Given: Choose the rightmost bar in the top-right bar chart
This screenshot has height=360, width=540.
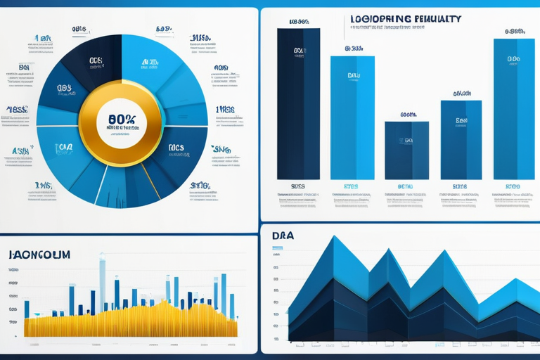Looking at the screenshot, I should tap(514, 108).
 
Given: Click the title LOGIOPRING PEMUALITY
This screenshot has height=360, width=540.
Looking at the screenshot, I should tap(405, 19).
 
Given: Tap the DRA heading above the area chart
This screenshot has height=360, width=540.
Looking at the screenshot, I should tap(283, 236).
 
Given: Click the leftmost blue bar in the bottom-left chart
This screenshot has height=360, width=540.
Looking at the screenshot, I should tap(27, 309).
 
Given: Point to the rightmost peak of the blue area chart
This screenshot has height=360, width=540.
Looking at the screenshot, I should tap(517, 281).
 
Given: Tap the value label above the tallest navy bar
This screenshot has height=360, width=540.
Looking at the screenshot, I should tap(298, 22).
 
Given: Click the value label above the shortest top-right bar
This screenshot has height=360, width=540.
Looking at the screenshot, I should tap(408, 115).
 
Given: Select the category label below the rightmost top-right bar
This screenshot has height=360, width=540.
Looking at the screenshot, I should tap(513, 186).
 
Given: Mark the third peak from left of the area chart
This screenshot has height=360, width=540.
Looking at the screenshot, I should tap(443, 252).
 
